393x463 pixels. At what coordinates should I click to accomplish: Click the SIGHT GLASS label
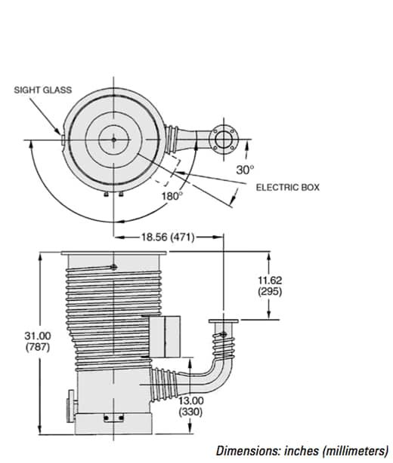click(x=43, y=90)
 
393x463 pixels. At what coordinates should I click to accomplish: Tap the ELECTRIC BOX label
click(x=288, y=188)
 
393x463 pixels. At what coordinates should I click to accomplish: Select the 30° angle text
click(x=245, y=170)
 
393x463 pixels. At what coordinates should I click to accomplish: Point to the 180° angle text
click(x=172, y=196)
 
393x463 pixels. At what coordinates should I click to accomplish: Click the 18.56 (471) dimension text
click(x=168, y=237)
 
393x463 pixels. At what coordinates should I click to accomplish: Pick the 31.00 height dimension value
click(x=38, y=336)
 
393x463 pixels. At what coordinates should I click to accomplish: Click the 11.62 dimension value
click(x=270, y=280)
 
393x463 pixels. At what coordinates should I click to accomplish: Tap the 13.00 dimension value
click(x=191, y=400)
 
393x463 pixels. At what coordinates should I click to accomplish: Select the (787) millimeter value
click(x=38, y=347)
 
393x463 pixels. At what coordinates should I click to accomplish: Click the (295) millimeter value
click(x=270, y=291)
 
